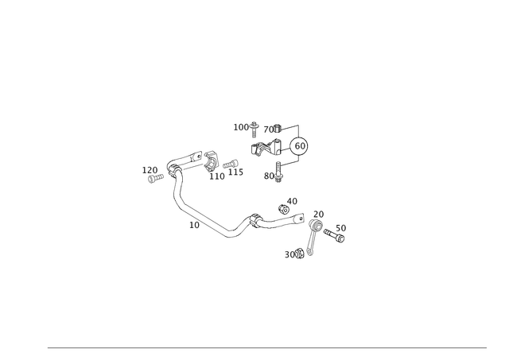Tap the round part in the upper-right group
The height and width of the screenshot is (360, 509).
pyautogui.click(x=299, y=146)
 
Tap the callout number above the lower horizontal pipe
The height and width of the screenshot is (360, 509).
pyautogui.click(x=292, y=200)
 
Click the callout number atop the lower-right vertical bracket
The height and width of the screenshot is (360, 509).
pyautogui.click(x=317, y=212)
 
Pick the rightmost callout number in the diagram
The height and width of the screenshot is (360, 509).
pyautogui.click(x=343, y=230)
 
